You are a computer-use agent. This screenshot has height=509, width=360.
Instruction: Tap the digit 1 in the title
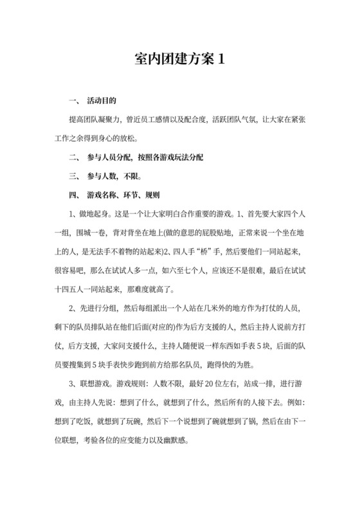point(222,59)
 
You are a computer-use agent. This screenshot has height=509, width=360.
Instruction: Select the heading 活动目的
point(101,102)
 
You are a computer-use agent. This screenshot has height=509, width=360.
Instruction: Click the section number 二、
point(73,157)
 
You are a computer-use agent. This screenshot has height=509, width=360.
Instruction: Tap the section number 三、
point(73,176)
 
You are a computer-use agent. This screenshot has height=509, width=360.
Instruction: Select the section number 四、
point(73,195)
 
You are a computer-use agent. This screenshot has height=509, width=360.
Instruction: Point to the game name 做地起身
point(96,213)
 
